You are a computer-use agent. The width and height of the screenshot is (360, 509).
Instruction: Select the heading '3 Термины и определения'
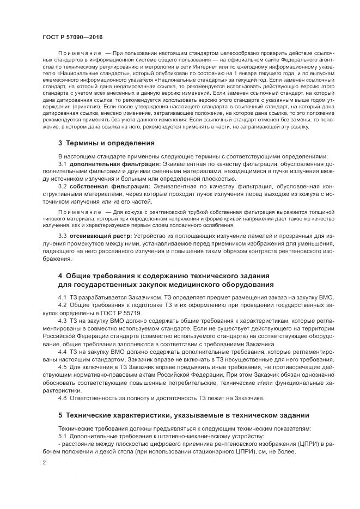(x=99, y=144)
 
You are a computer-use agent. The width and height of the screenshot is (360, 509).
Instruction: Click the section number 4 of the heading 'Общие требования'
(x=60, y=275)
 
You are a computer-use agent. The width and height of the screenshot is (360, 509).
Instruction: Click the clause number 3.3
(x=62, y=235)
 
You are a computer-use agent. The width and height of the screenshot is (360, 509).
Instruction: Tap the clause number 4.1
(x=62, y=297)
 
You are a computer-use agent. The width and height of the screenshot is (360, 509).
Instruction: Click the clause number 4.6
(x=62, y=398)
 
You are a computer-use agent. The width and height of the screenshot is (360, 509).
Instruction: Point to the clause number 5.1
(x=62, y=437)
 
